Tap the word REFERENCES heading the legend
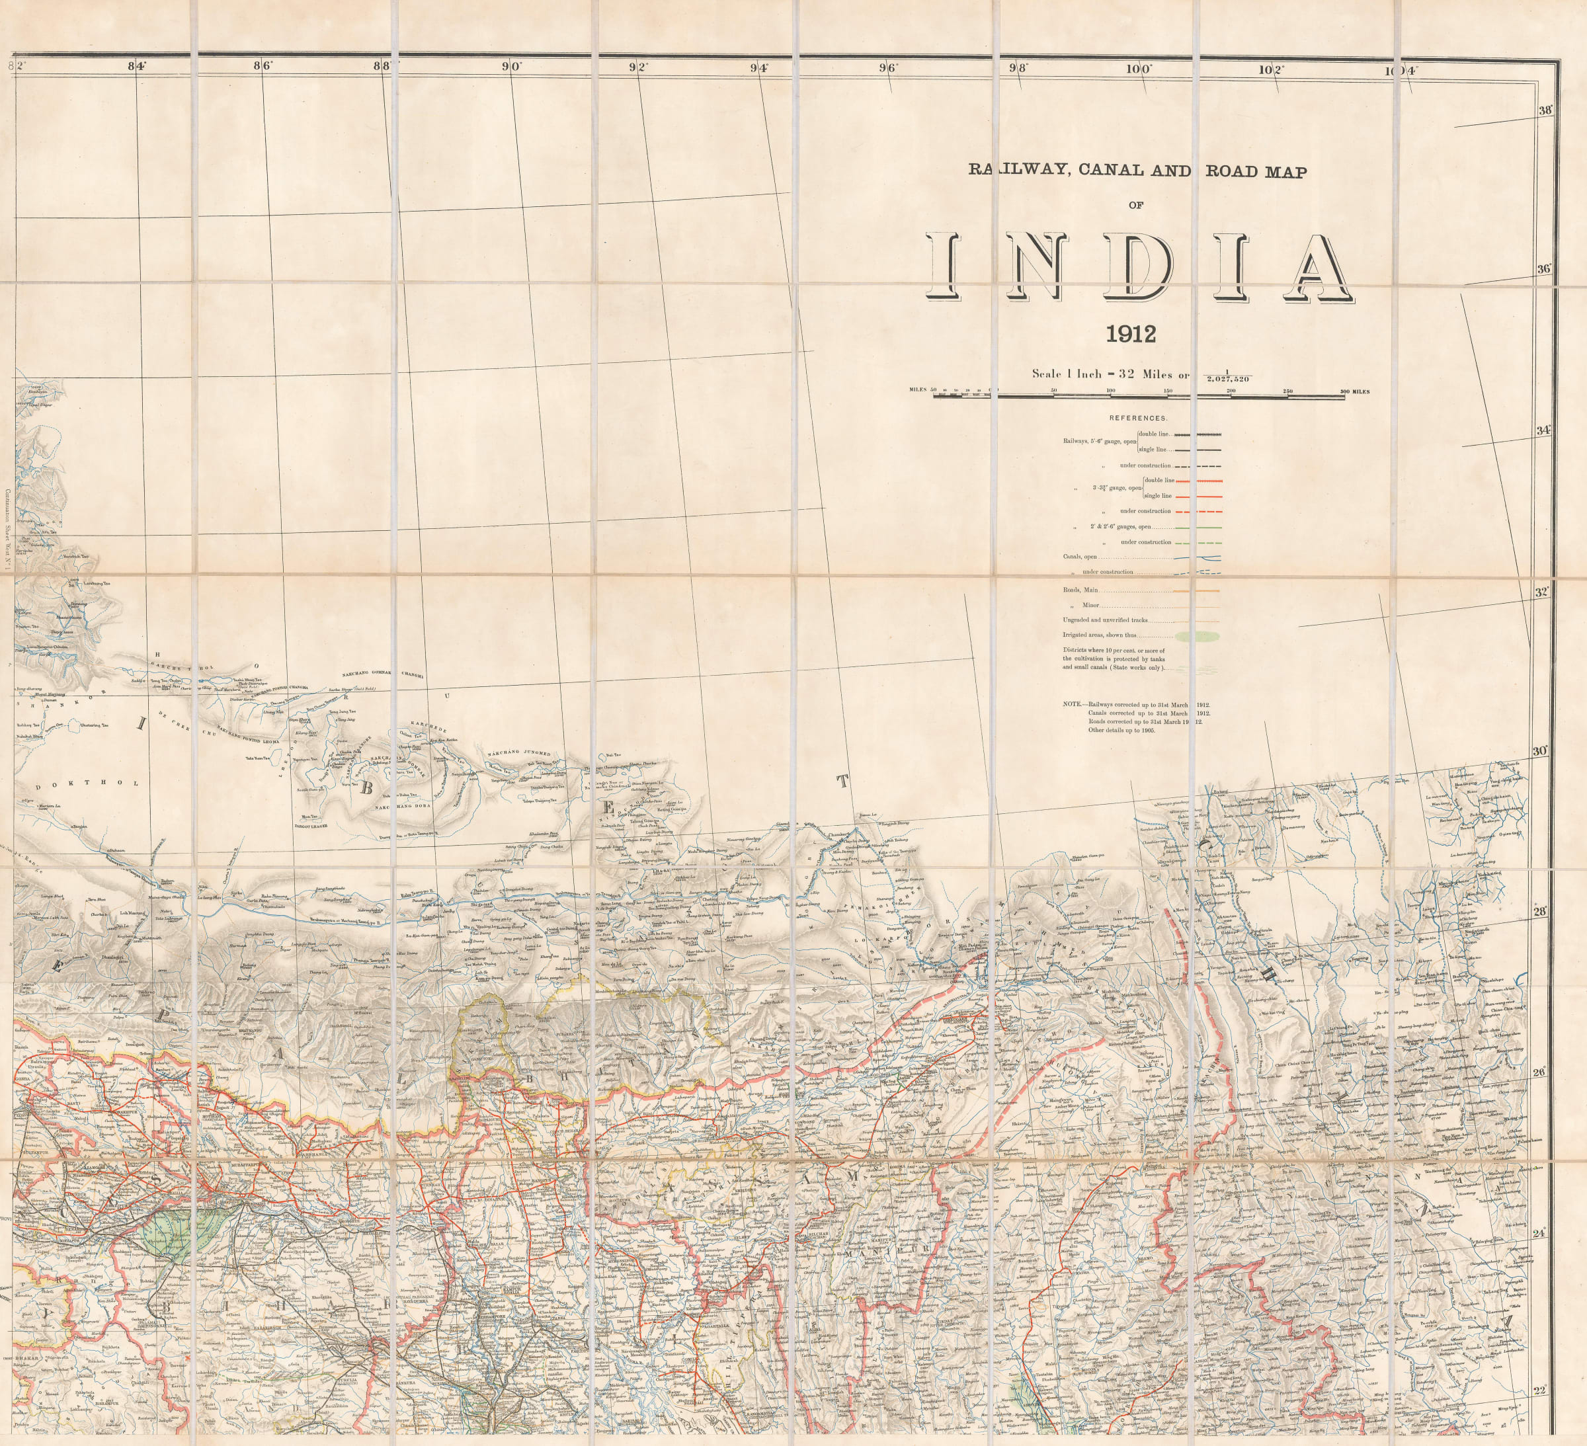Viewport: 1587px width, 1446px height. pyautogui.click(x=1138, y=418)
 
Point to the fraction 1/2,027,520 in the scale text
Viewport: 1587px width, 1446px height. pyautogui.click(x=1227, y=376)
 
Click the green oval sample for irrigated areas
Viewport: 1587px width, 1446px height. pyautogui.click(x=1198, y=635)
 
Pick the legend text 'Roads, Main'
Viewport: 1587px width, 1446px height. pyautogui.click(x=1080, y=590)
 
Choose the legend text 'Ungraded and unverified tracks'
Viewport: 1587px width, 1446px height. pyautogui.click(x=1116, y=620)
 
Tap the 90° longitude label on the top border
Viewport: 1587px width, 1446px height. pyautogui.click(x=512, y=67)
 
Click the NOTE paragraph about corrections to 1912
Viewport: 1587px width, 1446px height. pyautogui.click(x=1137, y=717)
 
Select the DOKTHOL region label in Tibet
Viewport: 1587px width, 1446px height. pyautogui.click(x=87, y=784)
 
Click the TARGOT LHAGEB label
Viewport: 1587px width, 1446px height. pyautogui.click(x=311, y=826)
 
